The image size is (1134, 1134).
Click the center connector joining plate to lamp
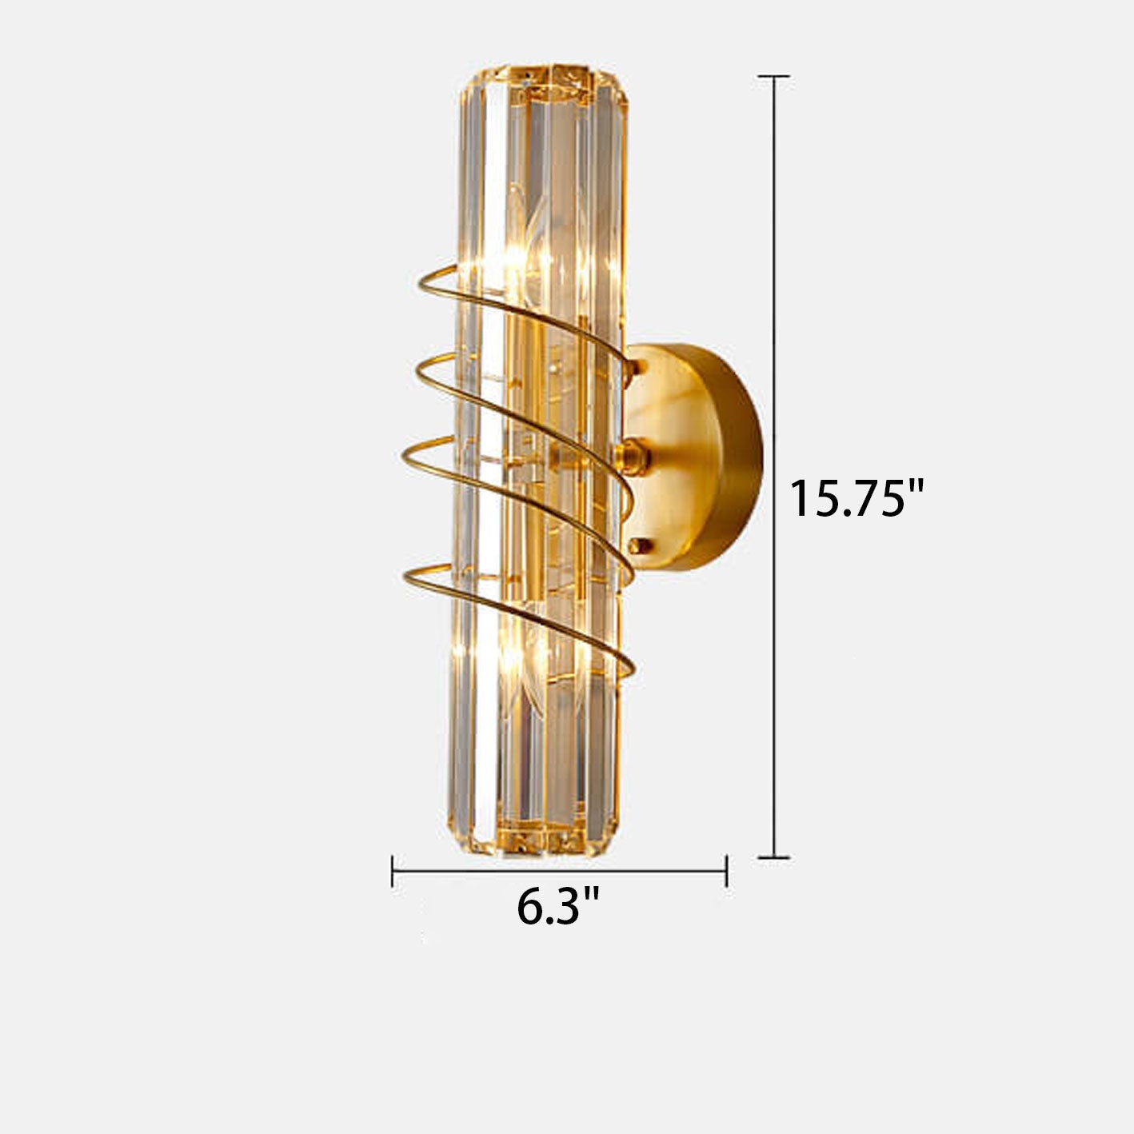pyautogui.click(x=632, y=456)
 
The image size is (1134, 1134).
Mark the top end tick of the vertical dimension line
pyautogui.click(x=774, y=77)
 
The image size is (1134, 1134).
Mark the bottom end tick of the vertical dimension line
pyautogui.click(x=774, y=857)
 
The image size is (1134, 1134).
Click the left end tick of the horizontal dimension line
pyautogui.click(x=393, y=870)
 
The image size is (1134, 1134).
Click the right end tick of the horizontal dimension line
pyautogui.click(x=725, y=870)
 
